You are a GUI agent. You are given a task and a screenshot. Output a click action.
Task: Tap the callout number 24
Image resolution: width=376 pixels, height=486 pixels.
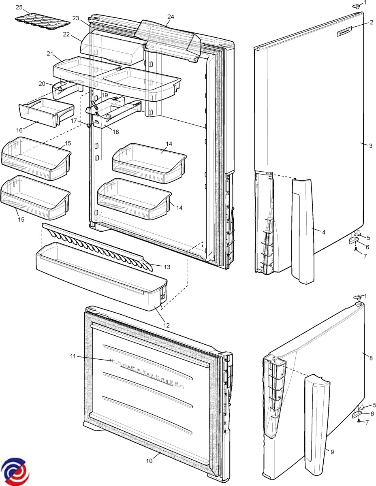(x=171, y=17)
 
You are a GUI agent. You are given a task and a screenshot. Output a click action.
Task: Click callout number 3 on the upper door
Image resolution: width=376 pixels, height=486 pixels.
(x=371, y=146)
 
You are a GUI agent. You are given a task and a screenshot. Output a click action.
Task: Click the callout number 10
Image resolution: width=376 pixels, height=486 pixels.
(x=150, y=461)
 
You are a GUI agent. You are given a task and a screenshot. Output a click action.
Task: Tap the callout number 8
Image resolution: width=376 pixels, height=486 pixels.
(x=371, y=357)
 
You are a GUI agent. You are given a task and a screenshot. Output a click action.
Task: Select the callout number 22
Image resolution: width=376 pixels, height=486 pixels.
(x=66, y=34)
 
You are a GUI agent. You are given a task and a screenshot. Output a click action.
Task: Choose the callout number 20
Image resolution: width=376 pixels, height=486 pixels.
(x=42, y=83)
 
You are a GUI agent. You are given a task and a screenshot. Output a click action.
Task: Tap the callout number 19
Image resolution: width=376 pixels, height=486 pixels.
(x=105, y=95)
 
